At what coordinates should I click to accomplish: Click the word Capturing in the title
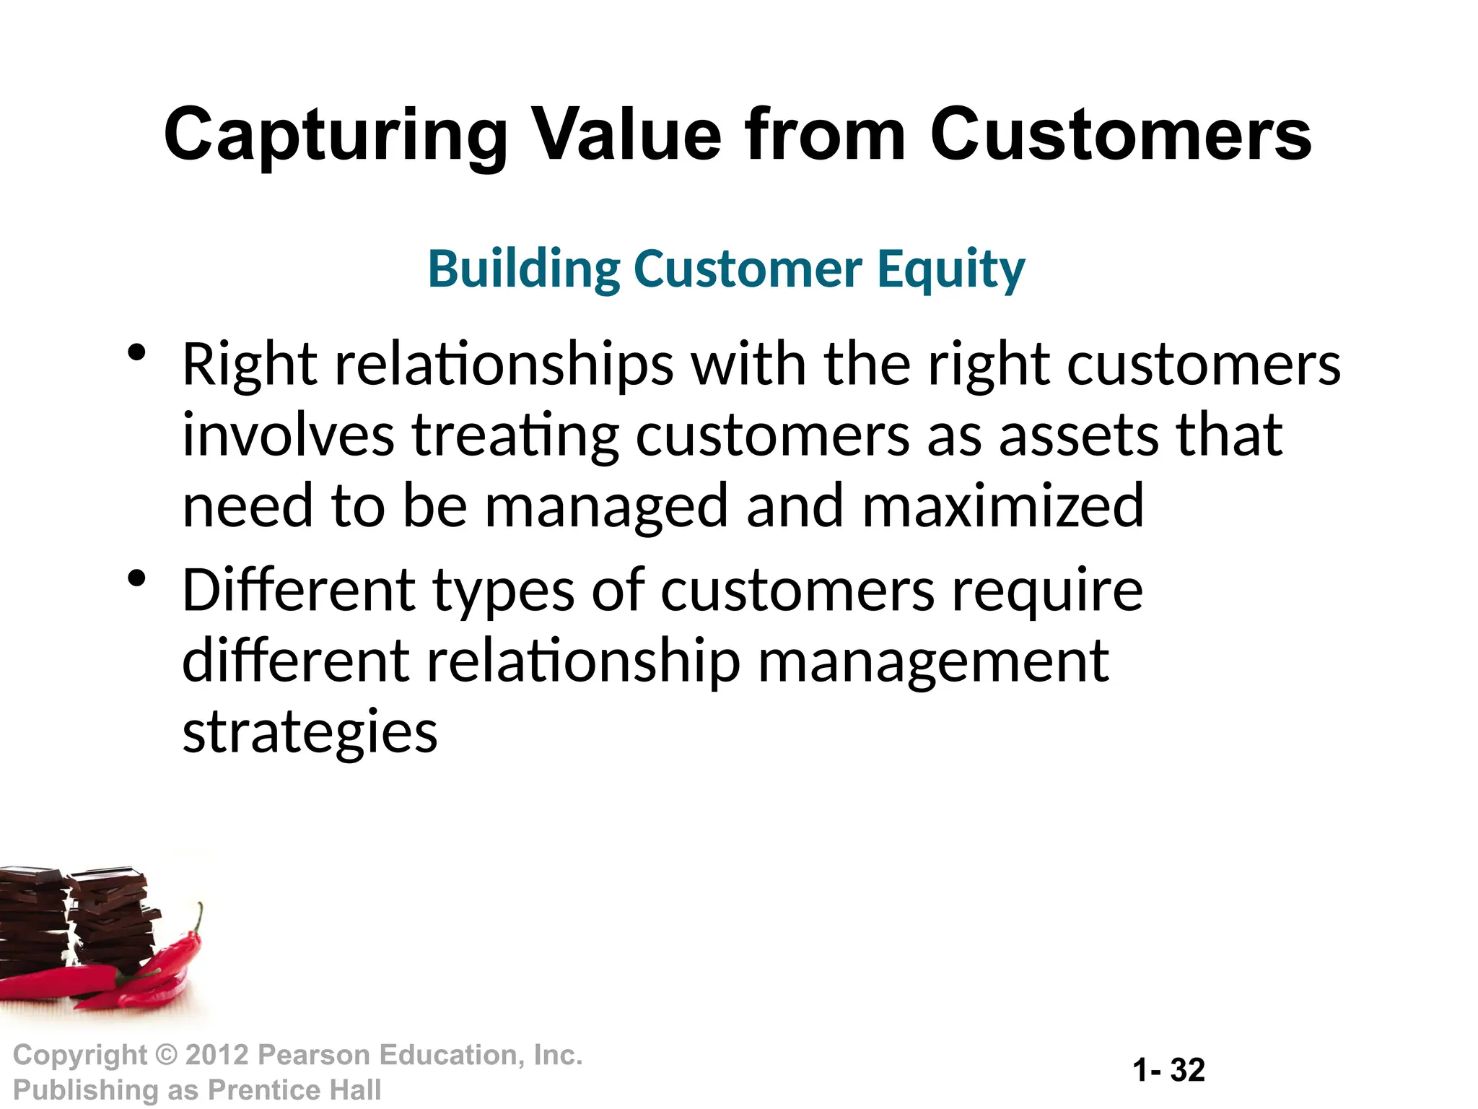pyautogui.click(x=336, y=136)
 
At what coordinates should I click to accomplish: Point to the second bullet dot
pyautogui.click(x=136, y=579)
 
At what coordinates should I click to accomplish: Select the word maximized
pyautogui.click(x=1002, y=506)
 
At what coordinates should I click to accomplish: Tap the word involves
pyautogui.click(x=288, y=435)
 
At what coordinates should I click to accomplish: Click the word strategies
pyautogui.click(x=310, y=733)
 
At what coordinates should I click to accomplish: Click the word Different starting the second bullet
pyautogui.click(x=299, y=590)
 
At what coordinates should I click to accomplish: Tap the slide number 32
pyautogui.click(x=1187, y=1070)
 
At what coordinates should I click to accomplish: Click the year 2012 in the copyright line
pyautogui.click(x=217, y=1055)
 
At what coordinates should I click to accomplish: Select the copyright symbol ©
pyautogui.click(x=167, y=1056)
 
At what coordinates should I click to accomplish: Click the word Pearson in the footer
pyautogui.click(x=314, y=1055)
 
